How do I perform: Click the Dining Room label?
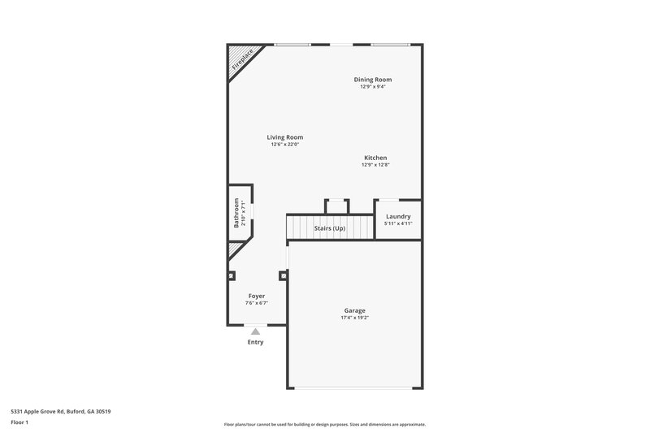(373, 80)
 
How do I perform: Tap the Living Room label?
(284, 137)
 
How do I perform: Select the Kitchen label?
(375, 158)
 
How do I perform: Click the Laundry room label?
(398, 216)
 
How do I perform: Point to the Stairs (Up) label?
(330, 229)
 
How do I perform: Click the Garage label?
(354, 310)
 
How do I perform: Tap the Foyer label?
(257, 296)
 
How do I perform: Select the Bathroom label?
(236, 212)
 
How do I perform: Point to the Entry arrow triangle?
(256, 331)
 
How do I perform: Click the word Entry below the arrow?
(256, 342)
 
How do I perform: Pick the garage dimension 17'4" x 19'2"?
(354, 318)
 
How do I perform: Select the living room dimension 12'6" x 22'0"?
(284, 145)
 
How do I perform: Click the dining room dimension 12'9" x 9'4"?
(373, 87)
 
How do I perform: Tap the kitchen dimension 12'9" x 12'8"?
(375, 165)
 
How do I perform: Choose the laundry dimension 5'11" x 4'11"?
(398, 223)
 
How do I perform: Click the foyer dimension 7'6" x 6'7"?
(257, 303)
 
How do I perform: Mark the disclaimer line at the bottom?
(325, 424)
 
